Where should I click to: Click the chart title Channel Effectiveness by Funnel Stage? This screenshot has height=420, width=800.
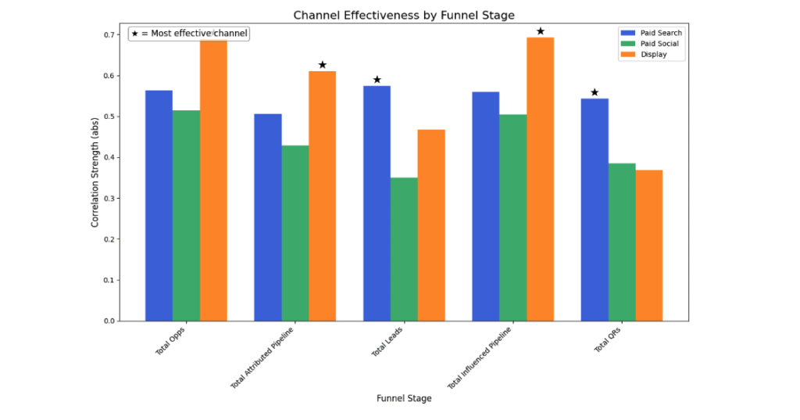coord(403,15)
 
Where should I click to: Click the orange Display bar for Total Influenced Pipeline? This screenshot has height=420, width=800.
coord(540,179)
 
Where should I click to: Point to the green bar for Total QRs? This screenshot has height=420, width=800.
coord(622,242)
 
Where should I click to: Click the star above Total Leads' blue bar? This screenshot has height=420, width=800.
coord(377,80)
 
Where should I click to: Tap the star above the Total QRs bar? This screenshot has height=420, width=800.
coord(595,92)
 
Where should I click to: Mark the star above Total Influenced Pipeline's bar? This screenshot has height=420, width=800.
coord(540,31)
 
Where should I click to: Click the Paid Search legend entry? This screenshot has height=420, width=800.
coord(651,33)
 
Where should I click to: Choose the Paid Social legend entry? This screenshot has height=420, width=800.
coord(651,44)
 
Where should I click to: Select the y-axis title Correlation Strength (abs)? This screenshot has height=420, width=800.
coord(95,178)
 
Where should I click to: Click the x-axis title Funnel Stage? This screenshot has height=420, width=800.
coord(403,398)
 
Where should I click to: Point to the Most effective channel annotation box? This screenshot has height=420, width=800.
coord(189,34)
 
